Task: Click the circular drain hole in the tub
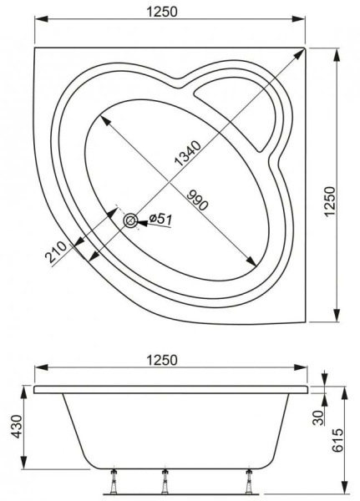pyautogui.click(x=130, y=220)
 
